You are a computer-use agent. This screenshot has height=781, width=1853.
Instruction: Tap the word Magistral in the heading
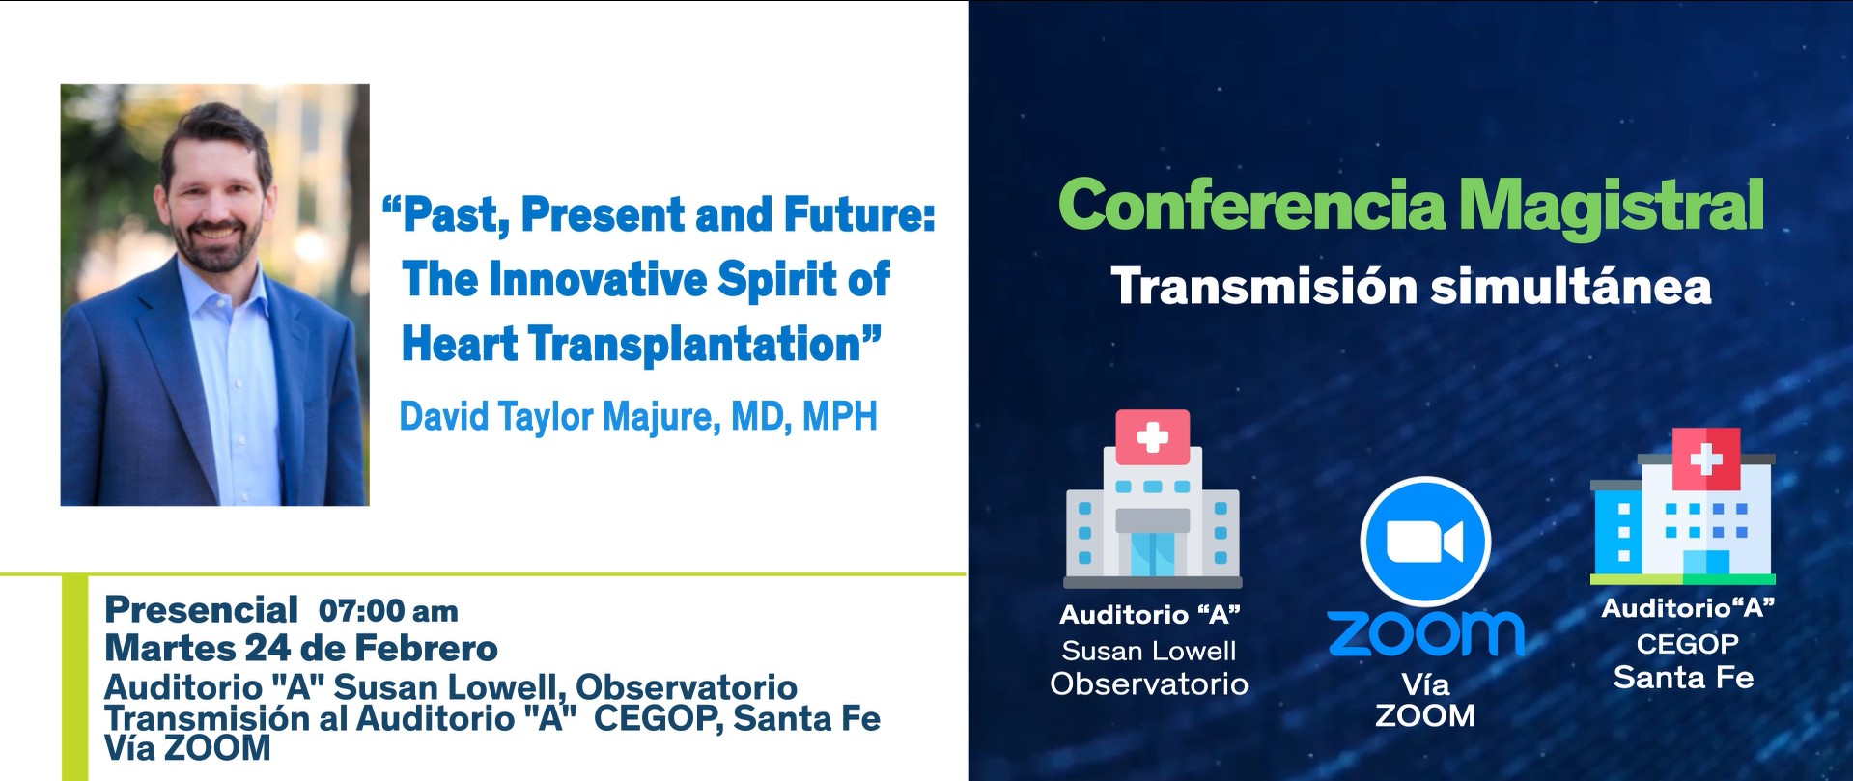pyautogui.click(x=1610, y=205)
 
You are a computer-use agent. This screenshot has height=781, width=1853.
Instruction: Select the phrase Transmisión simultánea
pyautogui.click(x=1411, y=287)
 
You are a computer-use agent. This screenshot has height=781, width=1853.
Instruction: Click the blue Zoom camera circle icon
pyautogui.click(x=1425, y=542)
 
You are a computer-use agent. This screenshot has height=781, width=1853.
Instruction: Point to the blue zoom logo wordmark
pyautogui.click(x=1425, y=633)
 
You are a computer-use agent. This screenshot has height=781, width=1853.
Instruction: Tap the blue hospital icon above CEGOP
pyautogui.click(x=1683, y=521)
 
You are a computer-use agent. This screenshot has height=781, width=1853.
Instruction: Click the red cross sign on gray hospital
pyautogui.click(x=1152, y=438)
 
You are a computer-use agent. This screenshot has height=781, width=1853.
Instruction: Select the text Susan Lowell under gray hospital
pyautogui.click(x=1149, y=651)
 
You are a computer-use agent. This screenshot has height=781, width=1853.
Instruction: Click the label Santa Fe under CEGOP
pyautogui.click(x=1683, y=678)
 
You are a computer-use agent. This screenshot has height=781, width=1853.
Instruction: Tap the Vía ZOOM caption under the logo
pyautogui.click(x=1425, y=700)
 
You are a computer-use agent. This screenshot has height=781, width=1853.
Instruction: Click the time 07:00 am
pyautogui.click(x=387, y=611)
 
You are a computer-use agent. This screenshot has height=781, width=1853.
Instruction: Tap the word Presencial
pyautogui.click(x=201, y=610)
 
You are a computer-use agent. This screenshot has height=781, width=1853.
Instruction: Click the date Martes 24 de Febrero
pyautogui.click(x=300, y=648)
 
